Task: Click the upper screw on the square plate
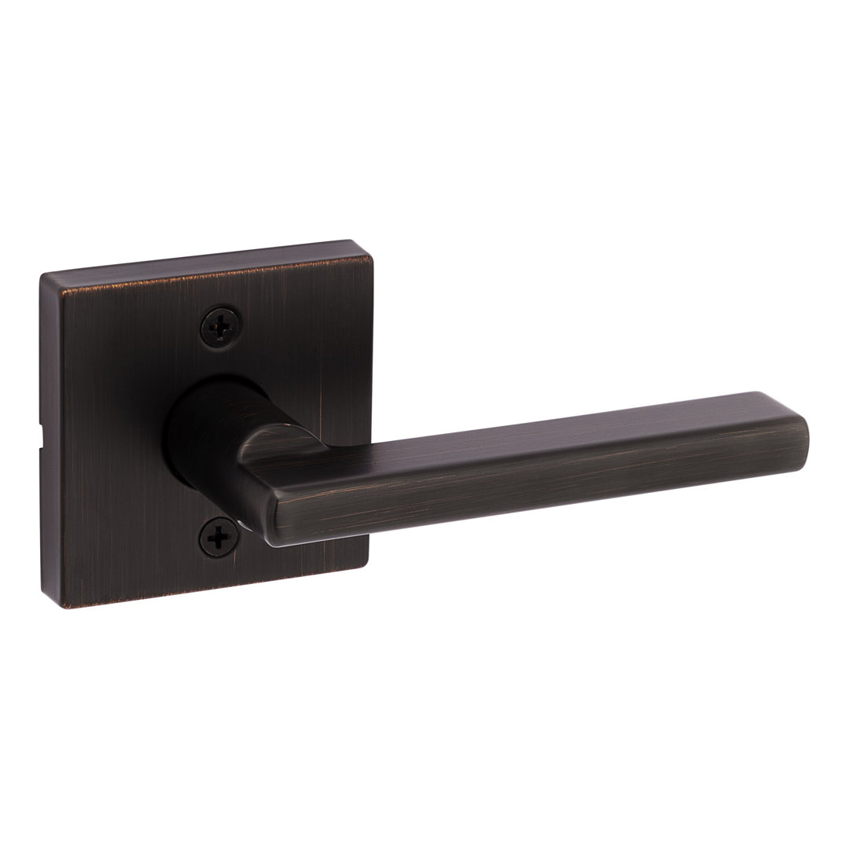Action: tap(221, 324)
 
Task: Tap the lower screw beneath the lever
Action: tap(218, 538)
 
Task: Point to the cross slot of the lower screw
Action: tap(218, 538)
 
